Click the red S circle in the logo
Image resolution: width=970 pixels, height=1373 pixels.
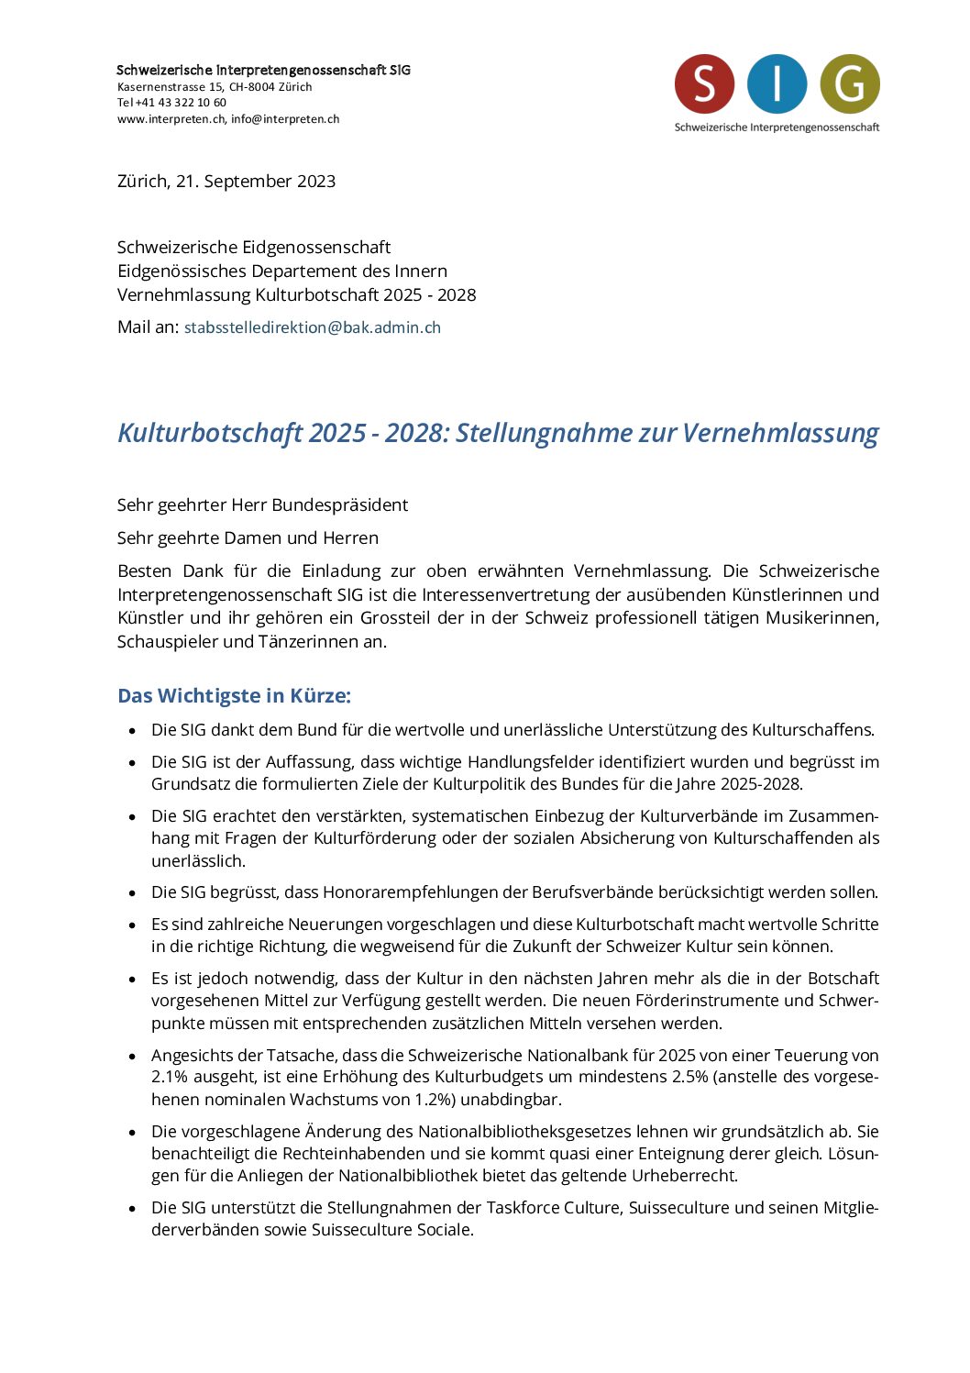(x=704, y=83)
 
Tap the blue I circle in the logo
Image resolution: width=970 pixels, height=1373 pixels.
(x=777, y=83)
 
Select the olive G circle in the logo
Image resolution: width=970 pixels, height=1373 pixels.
(x=850, y=83)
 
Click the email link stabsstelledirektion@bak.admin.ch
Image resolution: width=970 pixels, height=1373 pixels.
(x=313, y=327)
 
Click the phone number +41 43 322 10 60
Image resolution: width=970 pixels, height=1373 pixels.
(x=181, y=103)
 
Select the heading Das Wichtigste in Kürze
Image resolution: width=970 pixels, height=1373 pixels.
(x=234, y=696)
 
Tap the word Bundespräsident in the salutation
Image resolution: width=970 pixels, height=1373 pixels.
(x=339, y=505)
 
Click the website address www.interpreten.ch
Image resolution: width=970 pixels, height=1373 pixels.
(x=171, y=119)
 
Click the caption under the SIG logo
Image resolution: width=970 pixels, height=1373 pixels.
(x=777, y=127)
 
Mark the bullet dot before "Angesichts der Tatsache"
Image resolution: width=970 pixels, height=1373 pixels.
(x=133, y=1057)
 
